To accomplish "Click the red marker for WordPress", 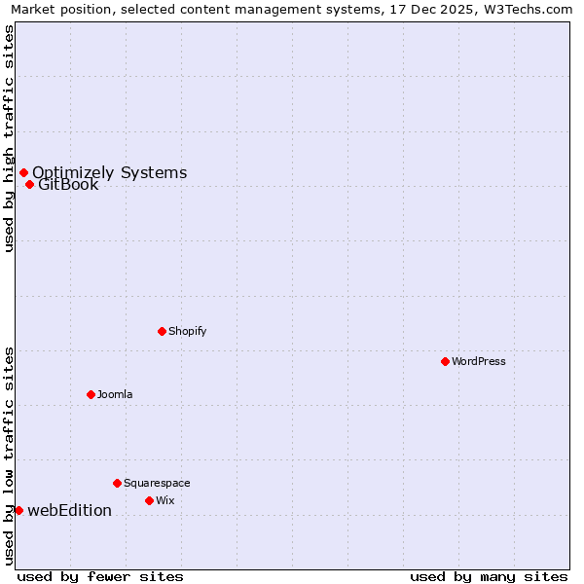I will coord(445,361).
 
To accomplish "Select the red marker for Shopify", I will coord(162,331).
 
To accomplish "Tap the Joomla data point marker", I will coord(91,394).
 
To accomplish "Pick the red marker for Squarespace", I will coord(117,483).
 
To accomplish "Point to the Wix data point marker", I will coord(149,500).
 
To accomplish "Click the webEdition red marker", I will coord(18,510).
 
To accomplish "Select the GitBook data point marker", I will coord(29,184).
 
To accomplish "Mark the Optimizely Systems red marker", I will coord(23,172).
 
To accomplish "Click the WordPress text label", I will coord(479,361).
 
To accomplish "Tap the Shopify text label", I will coord(188,331).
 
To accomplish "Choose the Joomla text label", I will coord(115,394).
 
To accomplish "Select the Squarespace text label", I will coord(157,483).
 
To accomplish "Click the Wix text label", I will coord(165,500).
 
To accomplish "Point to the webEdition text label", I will coord(69,510).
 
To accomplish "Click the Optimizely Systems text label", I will coord(109,172).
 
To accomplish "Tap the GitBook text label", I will coord(68,185).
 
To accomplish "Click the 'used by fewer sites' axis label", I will coord(100,576).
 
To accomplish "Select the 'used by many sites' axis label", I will coord(489,576).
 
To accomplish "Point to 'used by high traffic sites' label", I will coord(10,138).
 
